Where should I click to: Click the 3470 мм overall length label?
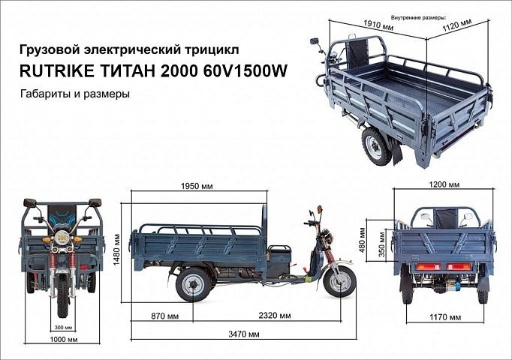[x=244, y=333]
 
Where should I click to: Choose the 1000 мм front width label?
[x=62, y=340]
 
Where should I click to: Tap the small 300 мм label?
[x=63, y=328]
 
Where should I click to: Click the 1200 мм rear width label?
[x=443, y=184]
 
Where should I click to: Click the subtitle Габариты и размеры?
[x=76, y=95]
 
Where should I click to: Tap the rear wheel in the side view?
[x=192, y=284]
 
